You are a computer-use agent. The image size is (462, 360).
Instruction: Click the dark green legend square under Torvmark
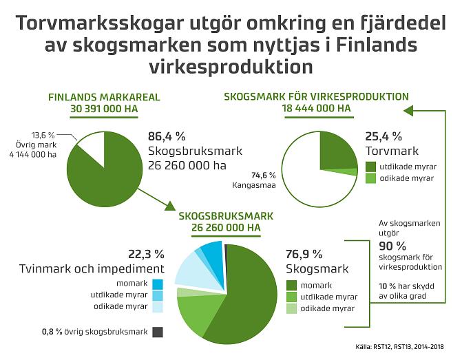[x=370, y=167]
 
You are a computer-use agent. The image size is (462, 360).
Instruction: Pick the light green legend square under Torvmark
[x=370, y=178]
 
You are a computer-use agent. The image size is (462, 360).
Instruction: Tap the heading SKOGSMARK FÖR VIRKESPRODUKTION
[x=316, y=97]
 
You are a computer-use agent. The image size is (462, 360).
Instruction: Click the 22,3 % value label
[x=146, y=253]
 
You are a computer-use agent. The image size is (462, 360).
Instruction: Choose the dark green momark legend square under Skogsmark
[x=291, y=285]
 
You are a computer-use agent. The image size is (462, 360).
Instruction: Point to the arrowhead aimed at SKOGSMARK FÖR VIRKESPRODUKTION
[x=408, y=109]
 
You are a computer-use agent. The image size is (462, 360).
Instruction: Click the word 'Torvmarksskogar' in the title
[x=94, y=25]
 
